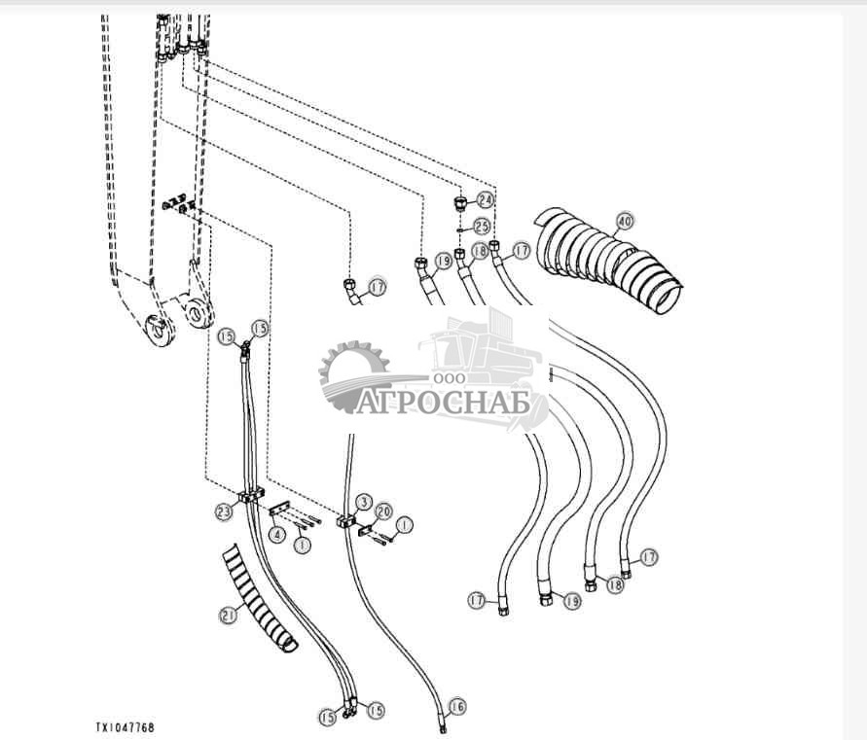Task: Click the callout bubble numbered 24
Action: pyautogui.click(x=486, y=199)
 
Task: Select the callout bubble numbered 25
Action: pyautogui.click(x=482, y=226)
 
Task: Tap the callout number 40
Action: pyautogui.click(x=624, y=222)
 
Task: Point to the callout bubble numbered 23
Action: pyautogui.click(x=223, y=509)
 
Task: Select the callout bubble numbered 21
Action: pyautogui.click(x=229, y=614)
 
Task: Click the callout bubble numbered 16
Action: pyautogui.click(x=457, y=706)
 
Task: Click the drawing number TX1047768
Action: pyautogui.click(x=124, y=727)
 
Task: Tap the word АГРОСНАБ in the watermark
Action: pyautogui.click(x=442, y=403)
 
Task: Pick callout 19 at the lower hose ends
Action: pyautogui.click(x=570, y=602)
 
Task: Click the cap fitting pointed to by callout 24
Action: pyautogui.click(x=460, y=203)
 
